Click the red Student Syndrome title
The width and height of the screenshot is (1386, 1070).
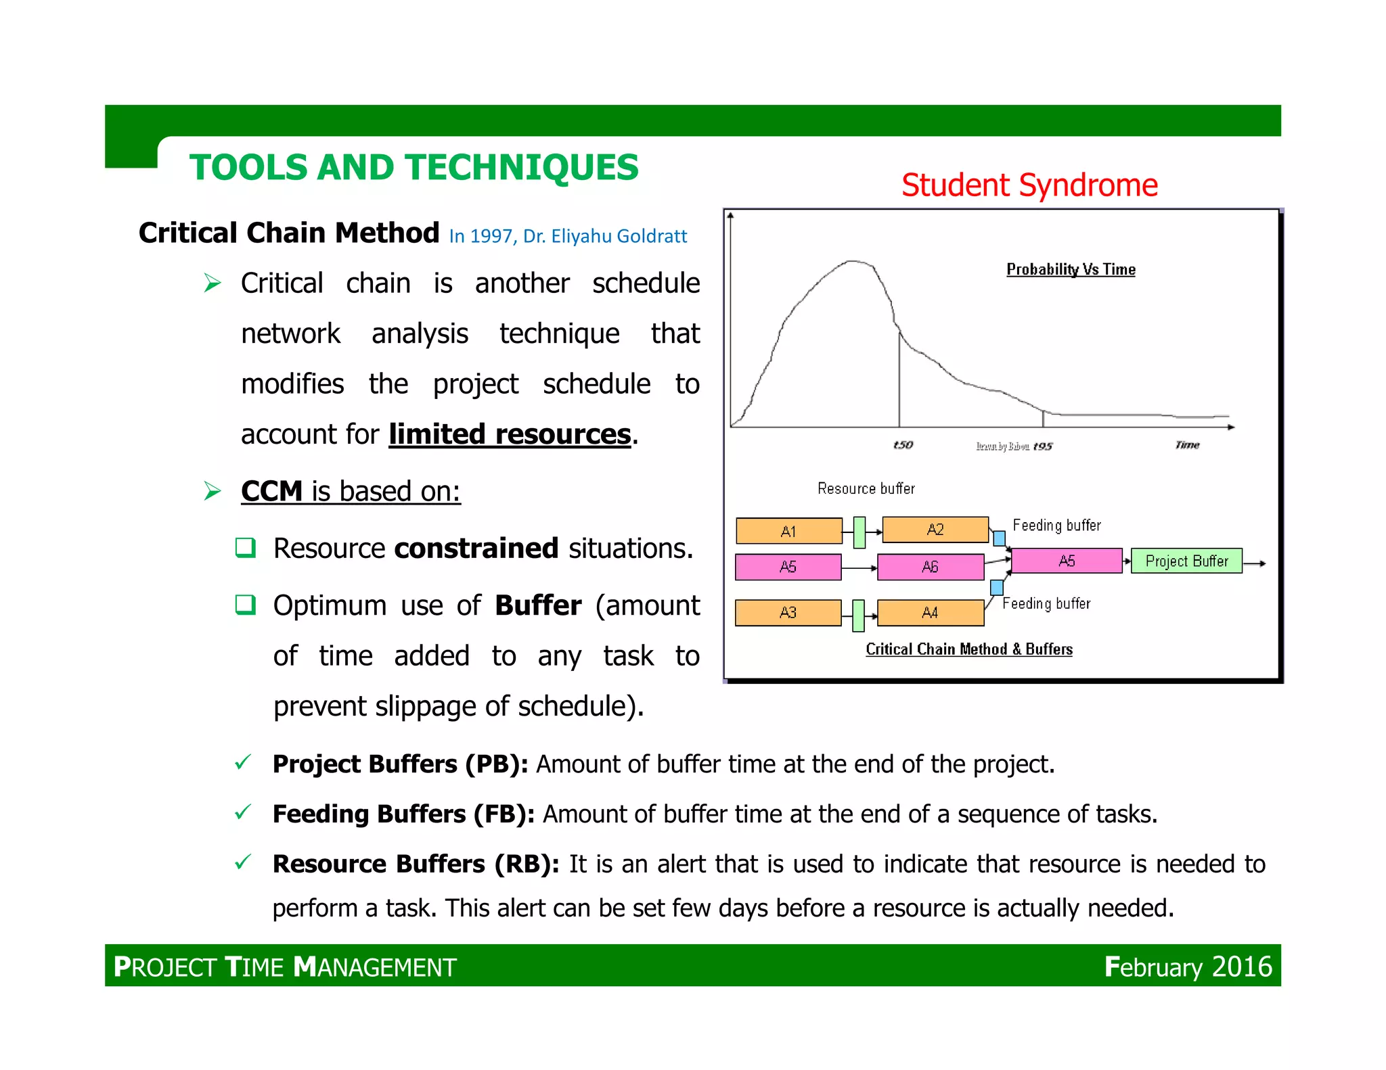click(x=1029, y=185)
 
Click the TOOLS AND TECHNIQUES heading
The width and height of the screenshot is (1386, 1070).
click(x=413, y=167)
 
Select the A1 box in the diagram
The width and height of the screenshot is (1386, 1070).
click(x=788, y=531)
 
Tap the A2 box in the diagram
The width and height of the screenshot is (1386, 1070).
click(x=935, y=530)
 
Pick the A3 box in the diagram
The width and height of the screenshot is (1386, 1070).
click(x=788, y=613)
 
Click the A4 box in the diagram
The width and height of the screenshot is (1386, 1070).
click(x=930, y=613)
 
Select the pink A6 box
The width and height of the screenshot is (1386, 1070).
click(x=930, y=567)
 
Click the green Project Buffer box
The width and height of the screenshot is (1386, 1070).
click(x=1186, y=561)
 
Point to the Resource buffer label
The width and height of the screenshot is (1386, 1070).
click(x=866, y=488)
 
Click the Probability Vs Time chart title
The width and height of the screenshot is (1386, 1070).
click(x=1071, y=269)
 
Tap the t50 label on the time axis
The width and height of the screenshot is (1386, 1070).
click(x=903, y=444)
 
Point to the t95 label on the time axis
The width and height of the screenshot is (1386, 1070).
click(x=1042, y=446)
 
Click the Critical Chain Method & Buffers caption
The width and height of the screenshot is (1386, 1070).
click(x=968, y=649)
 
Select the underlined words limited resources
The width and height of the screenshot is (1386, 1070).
click(x=510, y=434)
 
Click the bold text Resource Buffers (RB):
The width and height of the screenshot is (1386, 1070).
click(x=416, y=864)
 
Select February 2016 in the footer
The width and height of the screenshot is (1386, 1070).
click(x=1188, y=967)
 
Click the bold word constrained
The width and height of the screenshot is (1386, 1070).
click(x=476, y=548)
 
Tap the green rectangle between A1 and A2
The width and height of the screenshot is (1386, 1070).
click(x=859, y=532)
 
